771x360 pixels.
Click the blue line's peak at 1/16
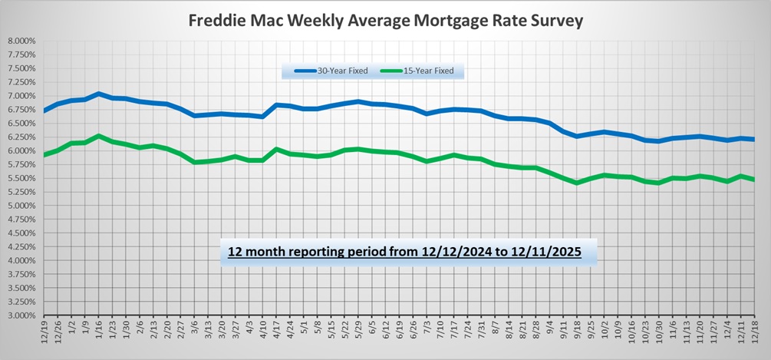point(99,94)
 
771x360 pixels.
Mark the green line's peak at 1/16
point(99,136)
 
